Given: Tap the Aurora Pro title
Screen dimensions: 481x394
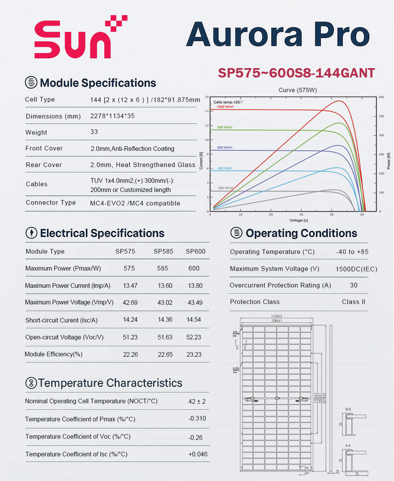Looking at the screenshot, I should [278, 36].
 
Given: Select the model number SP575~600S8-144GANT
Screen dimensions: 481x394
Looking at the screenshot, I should [296, 73].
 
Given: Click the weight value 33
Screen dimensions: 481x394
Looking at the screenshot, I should [94, 132].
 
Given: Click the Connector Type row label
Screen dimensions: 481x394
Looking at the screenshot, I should [51, 202].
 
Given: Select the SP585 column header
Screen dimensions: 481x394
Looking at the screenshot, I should [163, 251].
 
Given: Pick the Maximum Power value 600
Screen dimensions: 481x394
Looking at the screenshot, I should [194, 268].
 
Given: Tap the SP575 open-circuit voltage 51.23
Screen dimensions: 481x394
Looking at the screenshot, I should [130, 337].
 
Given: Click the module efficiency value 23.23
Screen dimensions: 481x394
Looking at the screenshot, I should [194, 354].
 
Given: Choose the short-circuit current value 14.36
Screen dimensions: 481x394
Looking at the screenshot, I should [165, 320].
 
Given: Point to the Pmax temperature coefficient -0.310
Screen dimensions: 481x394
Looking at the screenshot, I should [198, 418].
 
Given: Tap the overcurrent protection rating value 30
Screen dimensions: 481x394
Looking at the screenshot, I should [354, 285].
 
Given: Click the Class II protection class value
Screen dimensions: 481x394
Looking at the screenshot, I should [354, 302].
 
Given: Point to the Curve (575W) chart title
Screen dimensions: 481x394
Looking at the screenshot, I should [297, 90].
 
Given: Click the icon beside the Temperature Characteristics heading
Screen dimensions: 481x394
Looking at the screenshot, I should [31, 383].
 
